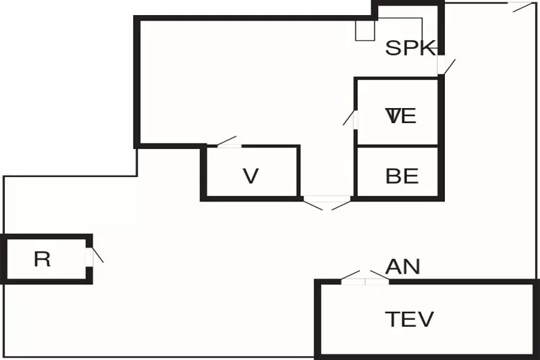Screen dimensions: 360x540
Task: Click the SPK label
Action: [410, 48]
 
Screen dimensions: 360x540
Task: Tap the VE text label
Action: [401, 116]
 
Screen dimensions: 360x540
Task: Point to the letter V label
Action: [251, 176]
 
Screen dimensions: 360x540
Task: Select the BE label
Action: [402, 176]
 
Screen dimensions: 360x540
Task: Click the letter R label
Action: [42, 259]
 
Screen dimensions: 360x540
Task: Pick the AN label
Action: [402, 266]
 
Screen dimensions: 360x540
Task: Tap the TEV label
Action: [410, 318]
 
